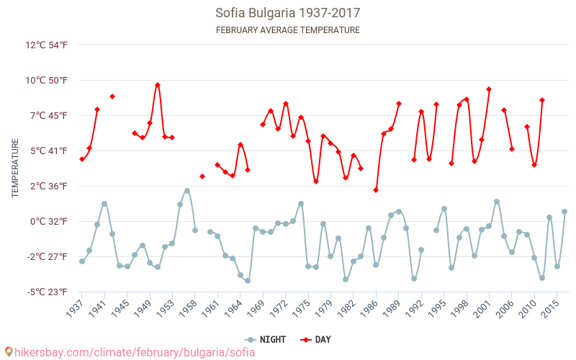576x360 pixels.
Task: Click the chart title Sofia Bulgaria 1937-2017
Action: click(288, 13)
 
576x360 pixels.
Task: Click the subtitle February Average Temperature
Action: click(288, 30)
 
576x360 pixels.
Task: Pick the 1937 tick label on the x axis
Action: click(76, 307)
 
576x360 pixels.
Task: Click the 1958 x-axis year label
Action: click(189, 307)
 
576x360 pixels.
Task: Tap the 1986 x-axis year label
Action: click(369, 307)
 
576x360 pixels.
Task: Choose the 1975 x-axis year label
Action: click(302, 307)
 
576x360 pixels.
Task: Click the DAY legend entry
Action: click(318, 339)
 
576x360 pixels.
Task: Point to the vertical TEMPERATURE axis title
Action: click(15, 168)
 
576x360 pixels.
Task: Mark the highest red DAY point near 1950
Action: click(158, 85)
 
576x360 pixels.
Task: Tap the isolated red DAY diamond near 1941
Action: click(112, 96)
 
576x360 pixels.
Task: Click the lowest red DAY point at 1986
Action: click(376, 190)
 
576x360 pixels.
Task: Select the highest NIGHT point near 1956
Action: click(187, 191)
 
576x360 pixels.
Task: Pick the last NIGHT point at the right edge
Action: click(564, 212)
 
